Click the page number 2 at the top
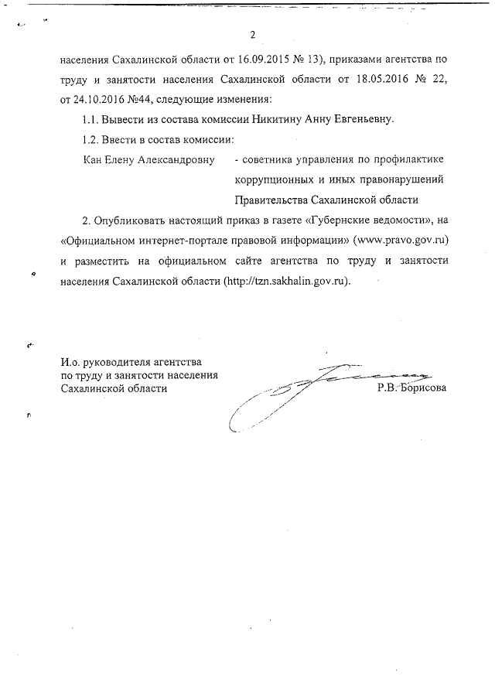(252, 35)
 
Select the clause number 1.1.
(90, 120)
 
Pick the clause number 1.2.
(90, 140)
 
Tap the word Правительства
(270, 200)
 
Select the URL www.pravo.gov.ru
(401, 241)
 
